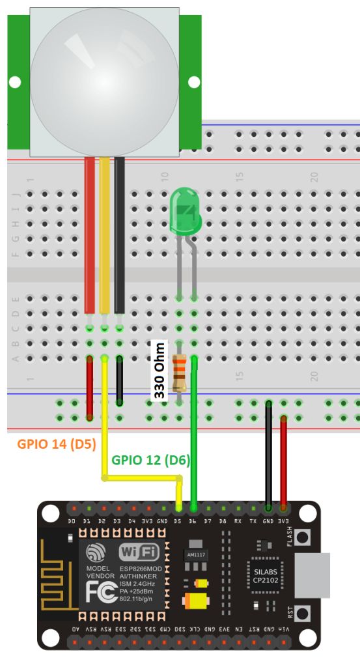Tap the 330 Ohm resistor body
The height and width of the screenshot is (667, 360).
[179, 373]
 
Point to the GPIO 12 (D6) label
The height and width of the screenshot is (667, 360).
[150, 460]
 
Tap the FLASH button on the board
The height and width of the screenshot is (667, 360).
[301, 537]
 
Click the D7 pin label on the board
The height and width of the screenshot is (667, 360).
[208, 521]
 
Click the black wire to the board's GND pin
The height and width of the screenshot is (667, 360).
[268, 456]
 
